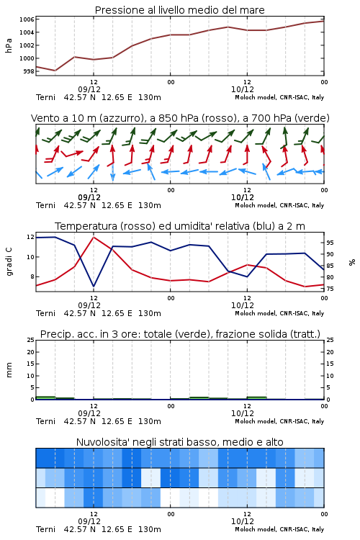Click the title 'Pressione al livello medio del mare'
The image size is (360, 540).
[x=179, y=10]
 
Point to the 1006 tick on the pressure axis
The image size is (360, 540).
[x=27, y=19]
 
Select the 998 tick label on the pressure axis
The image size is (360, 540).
[x=29, y=71]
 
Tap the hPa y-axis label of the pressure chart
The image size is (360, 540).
[x=9, y=45]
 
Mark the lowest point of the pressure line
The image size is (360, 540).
[x=55, y=71]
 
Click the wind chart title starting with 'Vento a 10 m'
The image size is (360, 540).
[x=180, y=118]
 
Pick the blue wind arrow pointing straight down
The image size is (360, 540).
[x=112, y=172]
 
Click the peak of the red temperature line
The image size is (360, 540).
[x=94, y=237]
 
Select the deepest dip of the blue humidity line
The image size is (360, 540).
[x=94, y=287]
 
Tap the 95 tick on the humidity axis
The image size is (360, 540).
[x=330, y=243]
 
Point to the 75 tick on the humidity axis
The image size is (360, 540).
[x=330, y=289]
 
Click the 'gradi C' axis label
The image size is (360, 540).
[x=9, y=261]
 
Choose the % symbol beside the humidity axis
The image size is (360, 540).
[x=352, y=262]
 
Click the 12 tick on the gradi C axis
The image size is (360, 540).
[x=30, y=237]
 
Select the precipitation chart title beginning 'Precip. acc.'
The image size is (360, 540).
[x=180, y=334]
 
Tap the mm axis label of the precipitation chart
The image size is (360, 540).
[x=9, y=370]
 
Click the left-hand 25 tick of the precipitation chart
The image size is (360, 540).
[x=31, y=340]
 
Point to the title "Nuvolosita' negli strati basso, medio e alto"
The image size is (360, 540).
[x=179, y=442]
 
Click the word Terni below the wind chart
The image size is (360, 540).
[x=45, y=205]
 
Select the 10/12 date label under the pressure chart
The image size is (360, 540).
[x=243, y=89]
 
